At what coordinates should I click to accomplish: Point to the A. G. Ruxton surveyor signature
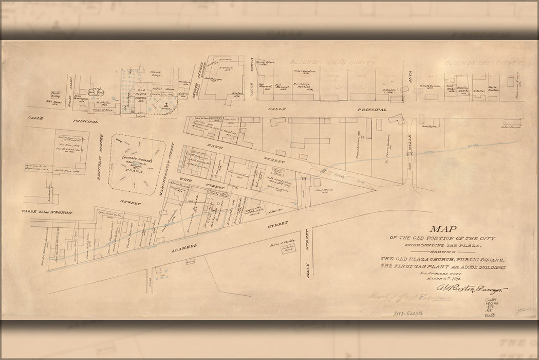pyautogui.click(x=472, y=290)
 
